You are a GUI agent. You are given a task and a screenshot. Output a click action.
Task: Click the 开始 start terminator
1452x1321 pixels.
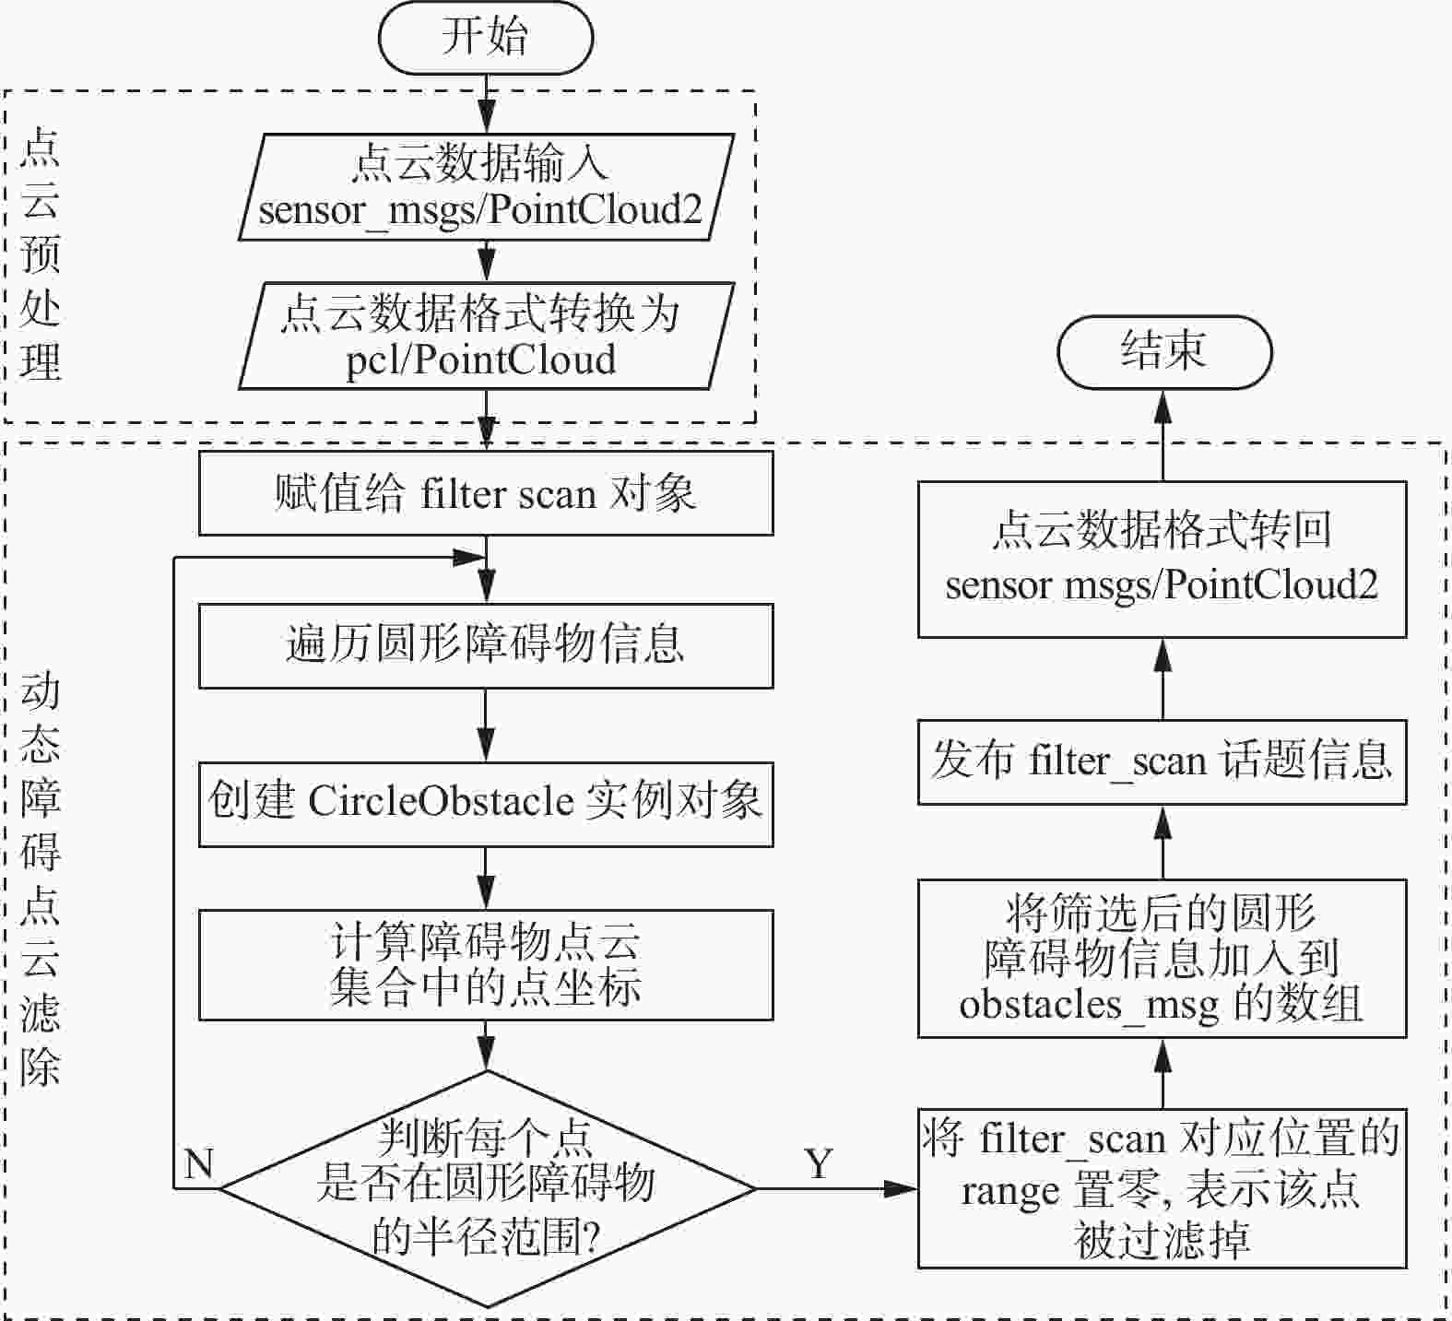[x=485, y=38]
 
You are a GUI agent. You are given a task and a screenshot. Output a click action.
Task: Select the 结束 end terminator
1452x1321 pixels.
[x=1163, y=351]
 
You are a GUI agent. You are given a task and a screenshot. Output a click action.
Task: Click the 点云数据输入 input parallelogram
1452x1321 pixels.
[x=485, y=187]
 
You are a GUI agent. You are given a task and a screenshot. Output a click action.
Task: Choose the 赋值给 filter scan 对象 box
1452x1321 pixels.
[x=485, y=493]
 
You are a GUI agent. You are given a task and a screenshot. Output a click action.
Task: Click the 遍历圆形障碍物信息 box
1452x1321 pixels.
[x=485, y=645]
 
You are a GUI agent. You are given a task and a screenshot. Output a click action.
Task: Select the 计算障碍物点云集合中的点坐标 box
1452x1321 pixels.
[x=485, y=964]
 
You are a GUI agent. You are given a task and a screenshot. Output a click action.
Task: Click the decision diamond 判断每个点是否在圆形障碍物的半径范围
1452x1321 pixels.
[x=487, y=1188]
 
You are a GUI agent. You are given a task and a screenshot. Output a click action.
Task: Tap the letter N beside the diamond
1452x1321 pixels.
[x=199, y=1164]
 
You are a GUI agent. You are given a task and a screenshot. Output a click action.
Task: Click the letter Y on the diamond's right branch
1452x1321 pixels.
[x=818, y=1164]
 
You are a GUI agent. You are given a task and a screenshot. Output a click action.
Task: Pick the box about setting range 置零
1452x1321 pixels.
[x=1162, y=1189]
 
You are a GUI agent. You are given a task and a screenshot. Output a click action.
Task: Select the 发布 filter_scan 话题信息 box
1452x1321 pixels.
[x=1162, y=761]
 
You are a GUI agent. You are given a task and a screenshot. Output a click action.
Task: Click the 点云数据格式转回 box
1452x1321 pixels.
[x=1162, y=559]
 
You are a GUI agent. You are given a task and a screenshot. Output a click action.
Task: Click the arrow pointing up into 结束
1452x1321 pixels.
[x=1163, y=433]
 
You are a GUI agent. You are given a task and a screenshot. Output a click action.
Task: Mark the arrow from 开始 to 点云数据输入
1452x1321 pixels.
[x=486, y=103]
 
